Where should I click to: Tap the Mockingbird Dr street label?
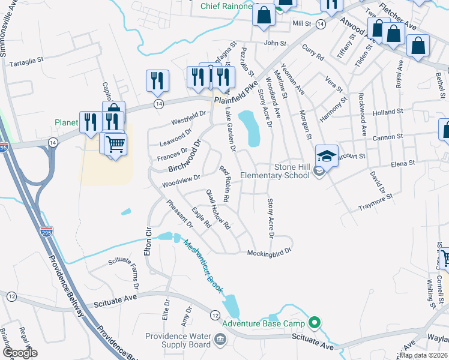pyautogui.click(x=269, y=253)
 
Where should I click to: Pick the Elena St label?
pyautogui.click(x=403, y=163)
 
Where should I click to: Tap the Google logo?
pyautogui.click(x=20, y=353)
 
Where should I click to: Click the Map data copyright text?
pyautogui.click(x=424, y=355)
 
